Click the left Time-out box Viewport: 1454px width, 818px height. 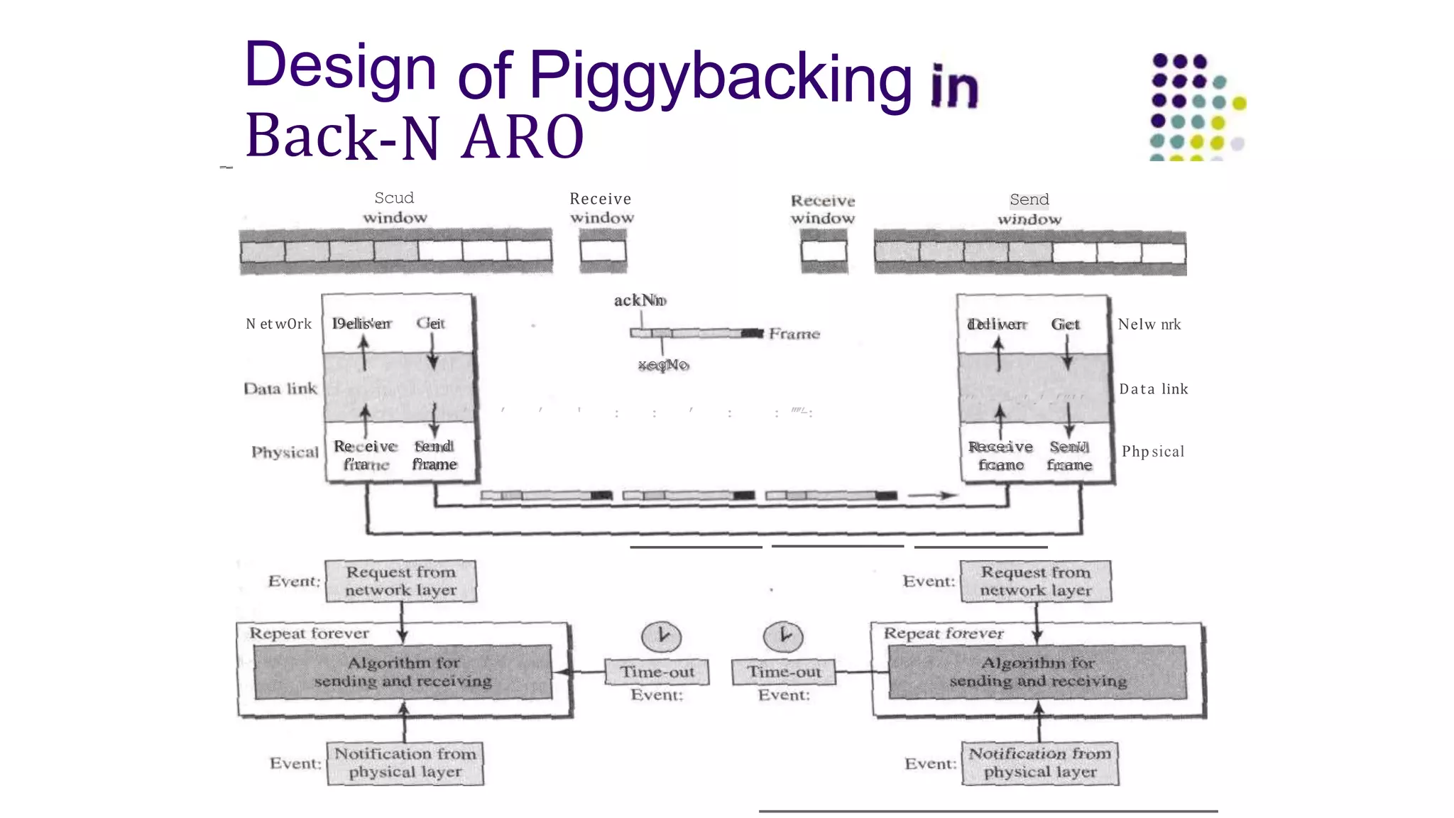click(x=657, y=672)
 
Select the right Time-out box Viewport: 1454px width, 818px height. click(x=783, y=672)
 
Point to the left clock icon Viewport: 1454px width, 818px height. click(x=661, y=636)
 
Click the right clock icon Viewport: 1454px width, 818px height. click(x=783, y=636)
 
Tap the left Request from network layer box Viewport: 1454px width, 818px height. click(x=400, y=582)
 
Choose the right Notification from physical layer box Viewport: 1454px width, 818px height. click(x=1040, y=763)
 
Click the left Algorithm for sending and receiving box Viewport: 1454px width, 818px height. click(x=403, y=672)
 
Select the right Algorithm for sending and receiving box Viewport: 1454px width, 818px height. click(x=1037, y=672)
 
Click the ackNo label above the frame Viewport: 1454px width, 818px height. click(x=640, y=301)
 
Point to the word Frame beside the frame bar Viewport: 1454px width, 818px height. click(x=794, y=334)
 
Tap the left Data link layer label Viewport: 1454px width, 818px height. click(x=280, y=389)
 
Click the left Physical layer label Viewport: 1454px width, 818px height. click(x=285, y=452)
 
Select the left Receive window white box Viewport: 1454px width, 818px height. click(x=603, y=251)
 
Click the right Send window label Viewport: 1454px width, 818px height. click(x=1029, y=209)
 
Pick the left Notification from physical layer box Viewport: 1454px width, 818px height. click(x=405, y=763)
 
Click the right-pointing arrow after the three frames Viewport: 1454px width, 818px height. click(x=932, y=496)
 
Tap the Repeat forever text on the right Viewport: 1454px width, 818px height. click(x=944, y=633)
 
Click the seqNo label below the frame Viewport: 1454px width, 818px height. click(x=663, y=365)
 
